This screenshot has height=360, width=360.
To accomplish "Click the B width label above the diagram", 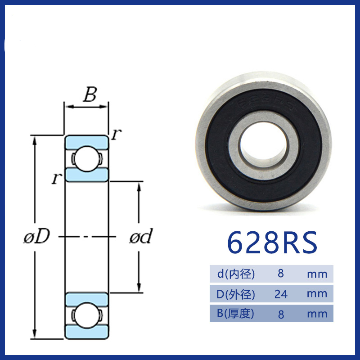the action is point(90,94).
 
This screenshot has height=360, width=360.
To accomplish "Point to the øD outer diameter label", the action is point(37,236).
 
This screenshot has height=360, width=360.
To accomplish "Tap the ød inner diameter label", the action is point(141,236).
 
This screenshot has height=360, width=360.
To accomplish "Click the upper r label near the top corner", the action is point(117,134).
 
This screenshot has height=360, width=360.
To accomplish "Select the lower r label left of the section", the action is point(57,178).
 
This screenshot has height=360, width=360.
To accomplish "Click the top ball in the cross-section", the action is point(86,159).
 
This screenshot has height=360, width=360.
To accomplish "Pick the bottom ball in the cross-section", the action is point(86,315).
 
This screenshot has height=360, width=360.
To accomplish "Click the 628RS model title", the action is point(272,243).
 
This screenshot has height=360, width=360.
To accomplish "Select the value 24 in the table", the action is point(281,294).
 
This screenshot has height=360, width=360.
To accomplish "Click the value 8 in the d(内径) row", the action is point(280,274).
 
